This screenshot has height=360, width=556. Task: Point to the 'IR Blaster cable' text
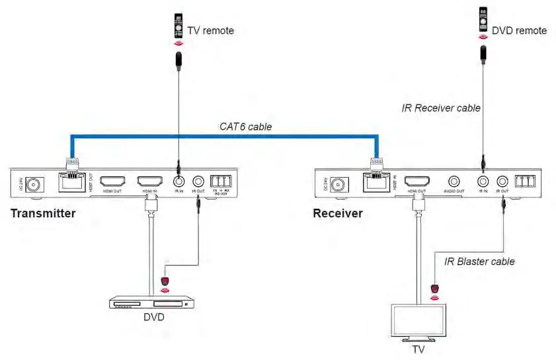click(480, 262)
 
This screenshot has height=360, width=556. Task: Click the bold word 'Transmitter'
click(43, 213)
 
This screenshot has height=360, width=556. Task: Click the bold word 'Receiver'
click(338, 213)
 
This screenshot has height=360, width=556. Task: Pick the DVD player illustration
click(153, 303)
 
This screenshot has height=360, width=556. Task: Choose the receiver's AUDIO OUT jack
click(454, 180)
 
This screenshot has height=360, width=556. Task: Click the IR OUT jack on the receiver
click(502, 180)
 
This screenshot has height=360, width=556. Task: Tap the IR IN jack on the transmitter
click(177, 180)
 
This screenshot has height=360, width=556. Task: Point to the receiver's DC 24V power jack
click(338, 184)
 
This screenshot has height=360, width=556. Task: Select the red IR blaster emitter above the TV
click(434, 289)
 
